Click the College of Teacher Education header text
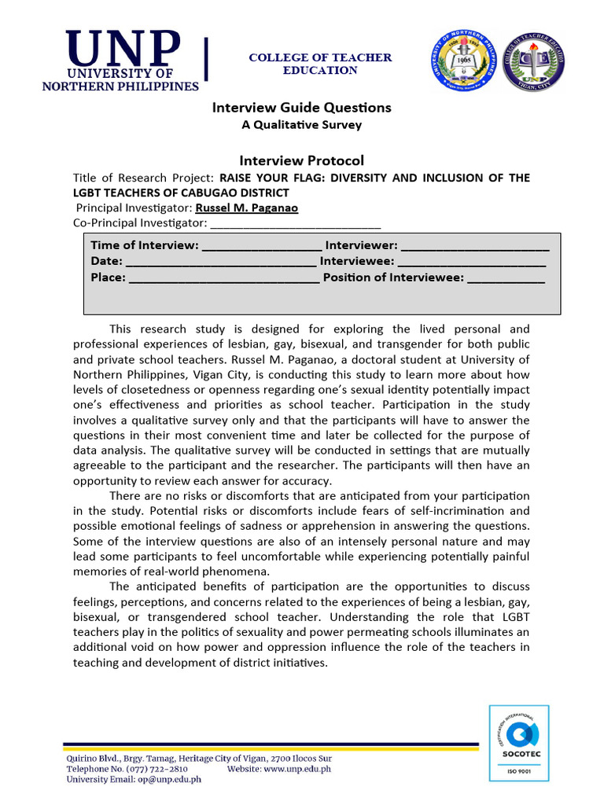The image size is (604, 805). tap(320, 64)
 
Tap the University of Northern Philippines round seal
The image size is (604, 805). tap(462, 63)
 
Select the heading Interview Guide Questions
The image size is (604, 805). tap(301, 108)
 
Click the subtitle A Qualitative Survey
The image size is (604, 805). tap(301, 125)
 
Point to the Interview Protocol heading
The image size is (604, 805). tap(301, 160)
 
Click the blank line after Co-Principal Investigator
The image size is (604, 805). tap(296, 225)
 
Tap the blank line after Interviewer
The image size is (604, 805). tap(474, 246)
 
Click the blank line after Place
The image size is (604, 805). tap(223, 278)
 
